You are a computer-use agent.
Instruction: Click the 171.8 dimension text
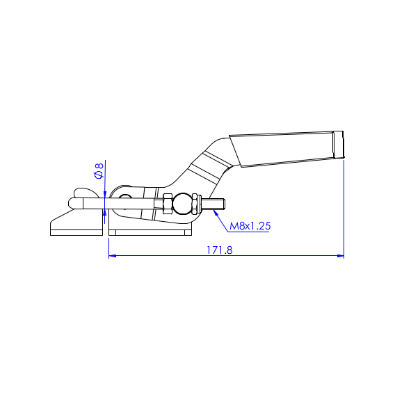pos(220,250)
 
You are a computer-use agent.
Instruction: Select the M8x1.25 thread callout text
pos(250,226)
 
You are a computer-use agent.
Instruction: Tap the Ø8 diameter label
pos(99,170)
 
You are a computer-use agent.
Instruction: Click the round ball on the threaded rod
pos(183,204)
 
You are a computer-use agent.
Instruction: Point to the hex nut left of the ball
pos(168,204)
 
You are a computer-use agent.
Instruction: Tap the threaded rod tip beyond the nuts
pos(217,204)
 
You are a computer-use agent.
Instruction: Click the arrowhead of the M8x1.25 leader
pos(216,212)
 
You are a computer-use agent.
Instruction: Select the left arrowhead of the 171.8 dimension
pos(112,256)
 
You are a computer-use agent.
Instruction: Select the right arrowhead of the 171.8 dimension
pos(340,256)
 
